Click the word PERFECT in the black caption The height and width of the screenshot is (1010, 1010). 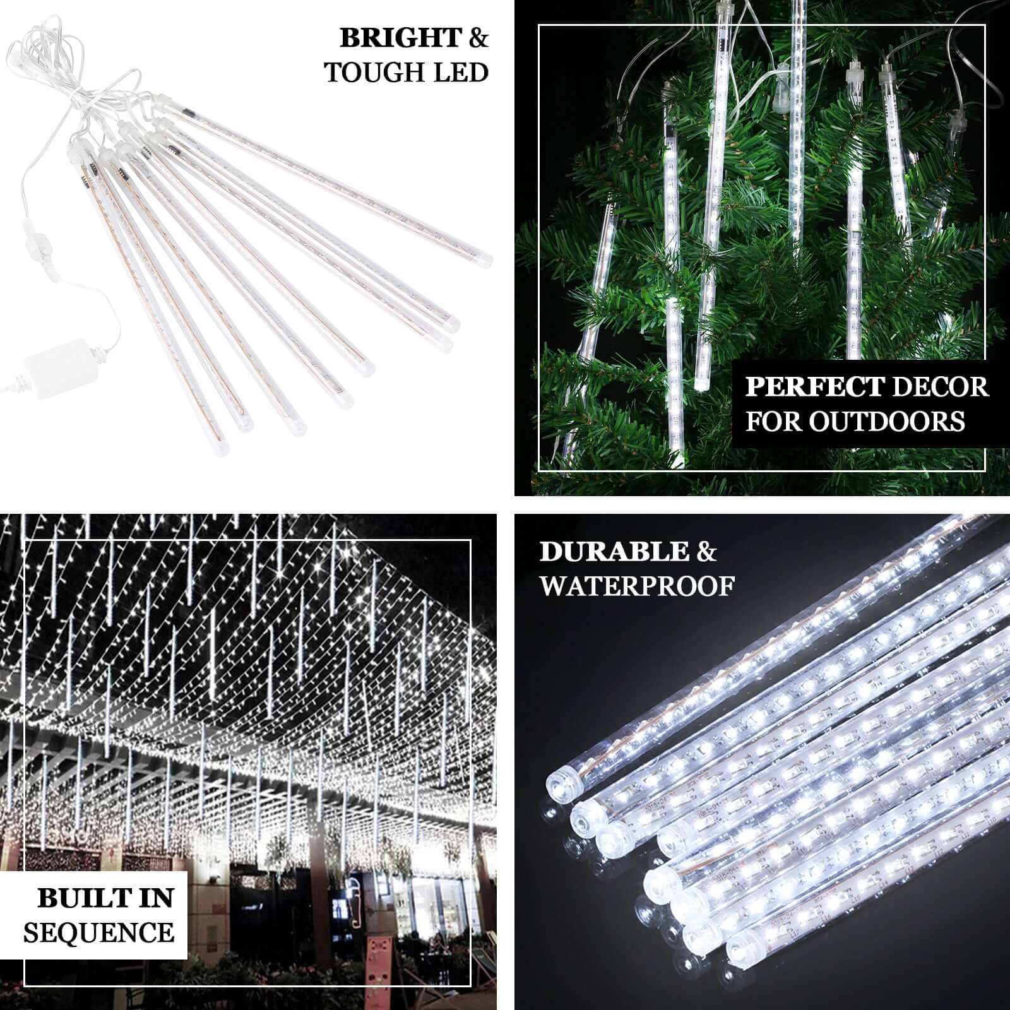click(x=814, y=386)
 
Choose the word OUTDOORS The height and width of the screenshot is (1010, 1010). click(x=887, y=421)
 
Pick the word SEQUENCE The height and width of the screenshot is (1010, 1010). click(x=99, y=932)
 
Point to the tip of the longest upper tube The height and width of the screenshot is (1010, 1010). click(x=483, y=259)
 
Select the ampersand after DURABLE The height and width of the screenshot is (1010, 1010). click(x=707, y=552)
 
